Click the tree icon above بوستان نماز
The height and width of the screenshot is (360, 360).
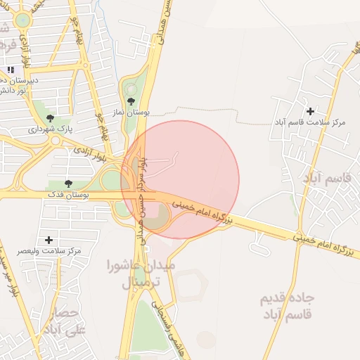click(x=131, y=101)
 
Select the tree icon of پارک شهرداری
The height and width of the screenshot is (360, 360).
click(x=49, y=118)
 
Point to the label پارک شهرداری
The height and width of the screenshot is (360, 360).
click(x=50, y=129)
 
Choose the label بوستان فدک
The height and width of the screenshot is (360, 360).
click(x=68, y=193)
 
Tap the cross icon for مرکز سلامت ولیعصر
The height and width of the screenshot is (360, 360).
click(x=49, y=240)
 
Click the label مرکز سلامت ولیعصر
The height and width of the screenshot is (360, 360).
click(x=49, y=251)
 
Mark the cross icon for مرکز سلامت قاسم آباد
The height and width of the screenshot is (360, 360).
click(x=310, y=111)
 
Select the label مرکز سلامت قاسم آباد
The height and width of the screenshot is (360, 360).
click(x=310, y=122)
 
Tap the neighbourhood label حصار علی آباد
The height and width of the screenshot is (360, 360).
click(x=68, y=319)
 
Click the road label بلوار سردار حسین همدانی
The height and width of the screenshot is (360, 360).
click(x=144, y=204)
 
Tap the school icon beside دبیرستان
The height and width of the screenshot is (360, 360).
click(x=11, y=70)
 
